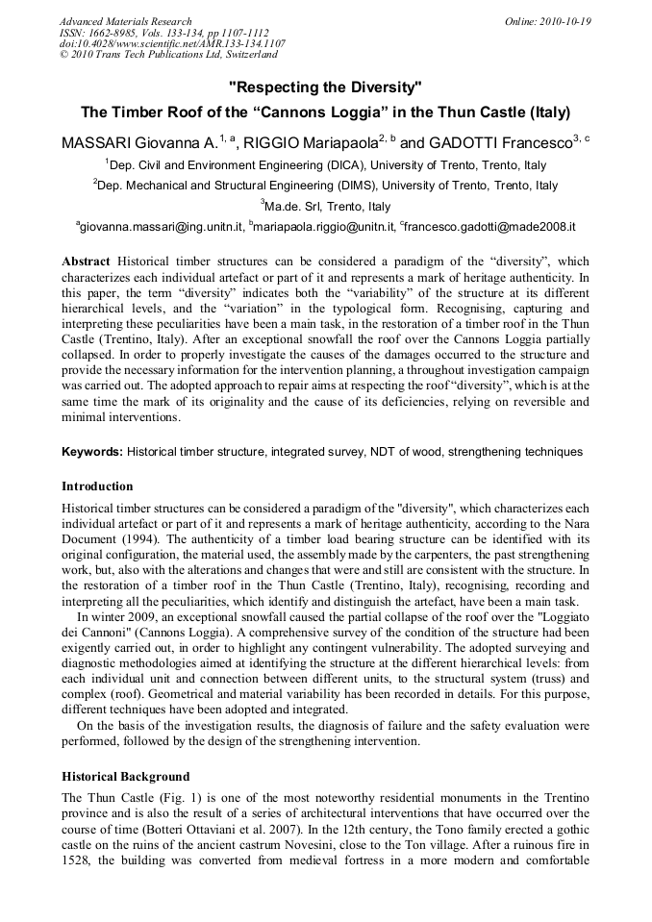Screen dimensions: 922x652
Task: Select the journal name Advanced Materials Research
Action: tap(125, 21)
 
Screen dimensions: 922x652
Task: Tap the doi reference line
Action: tap(172, 44)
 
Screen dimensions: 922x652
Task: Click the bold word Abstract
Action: tap(86, 262)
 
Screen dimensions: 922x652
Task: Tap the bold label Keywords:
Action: tap(91, 451)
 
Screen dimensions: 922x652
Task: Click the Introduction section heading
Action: tap(97, 486)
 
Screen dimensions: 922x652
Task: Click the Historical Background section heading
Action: tap(125, 777)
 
